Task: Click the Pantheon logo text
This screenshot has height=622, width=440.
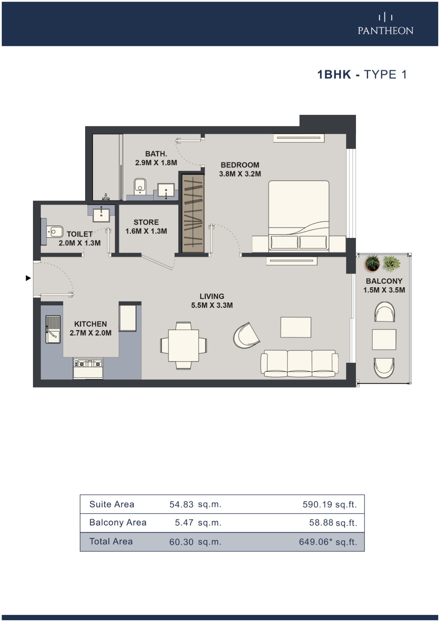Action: [385, 31]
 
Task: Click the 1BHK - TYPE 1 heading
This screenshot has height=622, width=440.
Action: [362, 74]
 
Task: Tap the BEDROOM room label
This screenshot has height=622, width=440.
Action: [240, 165]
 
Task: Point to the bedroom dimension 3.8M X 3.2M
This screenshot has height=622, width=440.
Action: [240, 174]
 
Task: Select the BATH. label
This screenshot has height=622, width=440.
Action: [156, 154]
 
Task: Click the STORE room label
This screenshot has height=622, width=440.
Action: [146, 222]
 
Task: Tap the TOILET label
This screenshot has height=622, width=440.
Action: [79, 234]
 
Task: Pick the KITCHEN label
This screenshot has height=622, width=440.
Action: [90, 324]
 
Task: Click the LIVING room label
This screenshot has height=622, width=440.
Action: [212, 296]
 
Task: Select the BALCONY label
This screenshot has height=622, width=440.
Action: [384, 281]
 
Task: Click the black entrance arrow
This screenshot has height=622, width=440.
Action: [28, 278]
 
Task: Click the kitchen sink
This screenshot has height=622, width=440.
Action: [53, 330]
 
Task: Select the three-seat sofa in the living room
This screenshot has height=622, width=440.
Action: [299, 363]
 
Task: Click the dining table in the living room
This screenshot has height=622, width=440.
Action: [184, 346]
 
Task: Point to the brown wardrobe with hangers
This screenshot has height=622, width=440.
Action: [193, 213]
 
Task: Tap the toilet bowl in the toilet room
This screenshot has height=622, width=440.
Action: [55, 231]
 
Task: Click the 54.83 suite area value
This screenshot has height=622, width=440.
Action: [182, 505]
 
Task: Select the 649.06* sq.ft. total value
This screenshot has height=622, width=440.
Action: [328, 542]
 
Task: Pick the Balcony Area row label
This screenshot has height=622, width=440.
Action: [118, 522]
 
